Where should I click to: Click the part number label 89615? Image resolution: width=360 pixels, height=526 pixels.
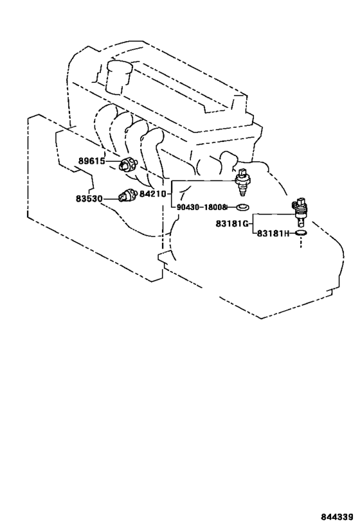coord(92,161)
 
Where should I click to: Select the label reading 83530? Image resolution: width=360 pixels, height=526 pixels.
coord(89,199)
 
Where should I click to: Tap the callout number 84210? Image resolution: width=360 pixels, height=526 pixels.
coord(153,193)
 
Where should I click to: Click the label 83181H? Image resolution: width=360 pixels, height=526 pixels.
coord(273,233)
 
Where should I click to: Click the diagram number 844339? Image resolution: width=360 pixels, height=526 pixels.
coord(337,516)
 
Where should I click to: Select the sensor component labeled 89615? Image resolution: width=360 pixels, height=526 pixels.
coord(129,164)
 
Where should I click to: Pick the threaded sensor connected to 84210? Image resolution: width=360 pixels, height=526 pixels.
coord(242,183)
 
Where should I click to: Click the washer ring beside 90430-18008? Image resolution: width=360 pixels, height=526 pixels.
coord(242,207)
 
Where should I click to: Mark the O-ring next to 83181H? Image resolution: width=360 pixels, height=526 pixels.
coord(301,232)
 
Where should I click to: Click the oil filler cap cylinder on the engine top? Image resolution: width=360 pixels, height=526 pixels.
coord(119,77)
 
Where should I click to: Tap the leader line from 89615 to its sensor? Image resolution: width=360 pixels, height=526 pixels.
coord(113,161)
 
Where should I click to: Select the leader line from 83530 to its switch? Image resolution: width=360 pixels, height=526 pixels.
coord(111,199)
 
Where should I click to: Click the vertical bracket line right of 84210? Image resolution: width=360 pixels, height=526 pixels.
coord(172,194)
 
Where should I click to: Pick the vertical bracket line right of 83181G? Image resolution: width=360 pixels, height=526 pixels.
coord(253,224)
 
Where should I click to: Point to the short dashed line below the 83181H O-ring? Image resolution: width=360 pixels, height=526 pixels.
coord(301,242)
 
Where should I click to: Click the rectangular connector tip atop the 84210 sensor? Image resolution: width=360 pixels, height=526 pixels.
coord(242,171)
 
